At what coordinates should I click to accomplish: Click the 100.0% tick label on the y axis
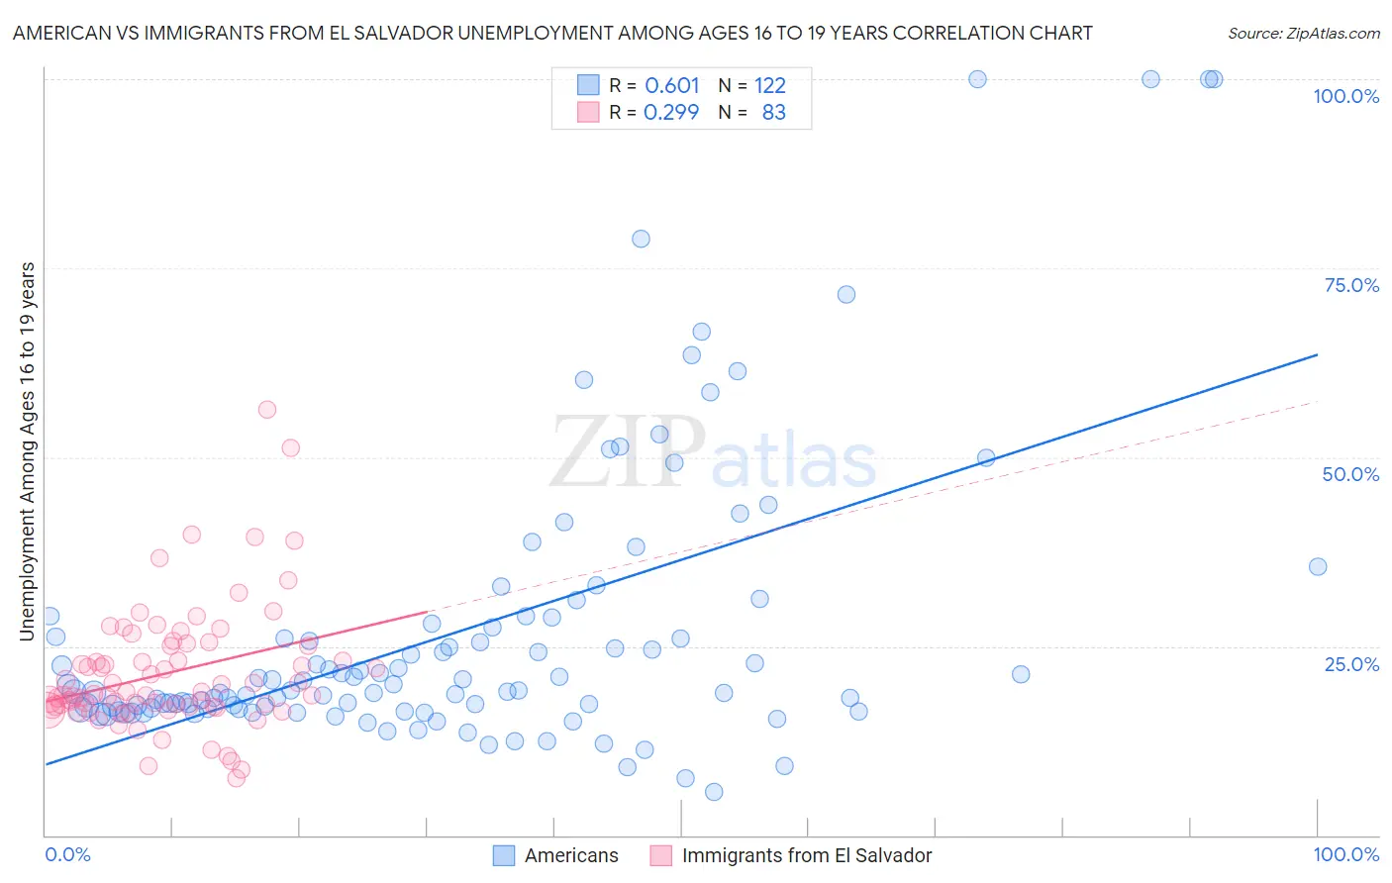click(x=1345, y=96)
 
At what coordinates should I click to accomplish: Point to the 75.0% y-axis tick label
click(x=1351, y=285)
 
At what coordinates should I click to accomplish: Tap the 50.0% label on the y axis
click(x=1350, y=474)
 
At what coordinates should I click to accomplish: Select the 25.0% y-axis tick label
click(x=1351, y=663)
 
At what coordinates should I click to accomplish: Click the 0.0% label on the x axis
click(x=67, y=854)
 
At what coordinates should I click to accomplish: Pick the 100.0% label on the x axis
click(x=1345, y=854)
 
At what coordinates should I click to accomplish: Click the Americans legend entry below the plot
click(x=571, y=855)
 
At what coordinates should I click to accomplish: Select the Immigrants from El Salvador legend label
click(x=807, y=855)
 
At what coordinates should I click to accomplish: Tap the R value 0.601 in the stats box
click(x=672, y=85)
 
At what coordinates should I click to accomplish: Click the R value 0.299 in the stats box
click(x=671, y=112)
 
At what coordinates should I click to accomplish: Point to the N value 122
click(x=770, y=85)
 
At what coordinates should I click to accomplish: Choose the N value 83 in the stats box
click(x=774, y=112)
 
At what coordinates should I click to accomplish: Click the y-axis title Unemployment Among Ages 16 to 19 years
click(x=28, y=451)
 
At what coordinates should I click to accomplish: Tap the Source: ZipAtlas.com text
click(x=1304, y=33)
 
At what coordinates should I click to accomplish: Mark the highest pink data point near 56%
click(x=266, y=410)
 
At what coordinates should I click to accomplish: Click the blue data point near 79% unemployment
click(x=641, y=239)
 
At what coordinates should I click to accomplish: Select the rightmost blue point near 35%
click(x=1318, y=566)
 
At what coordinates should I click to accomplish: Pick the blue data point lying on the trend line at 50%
click(x=986, y=457)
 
